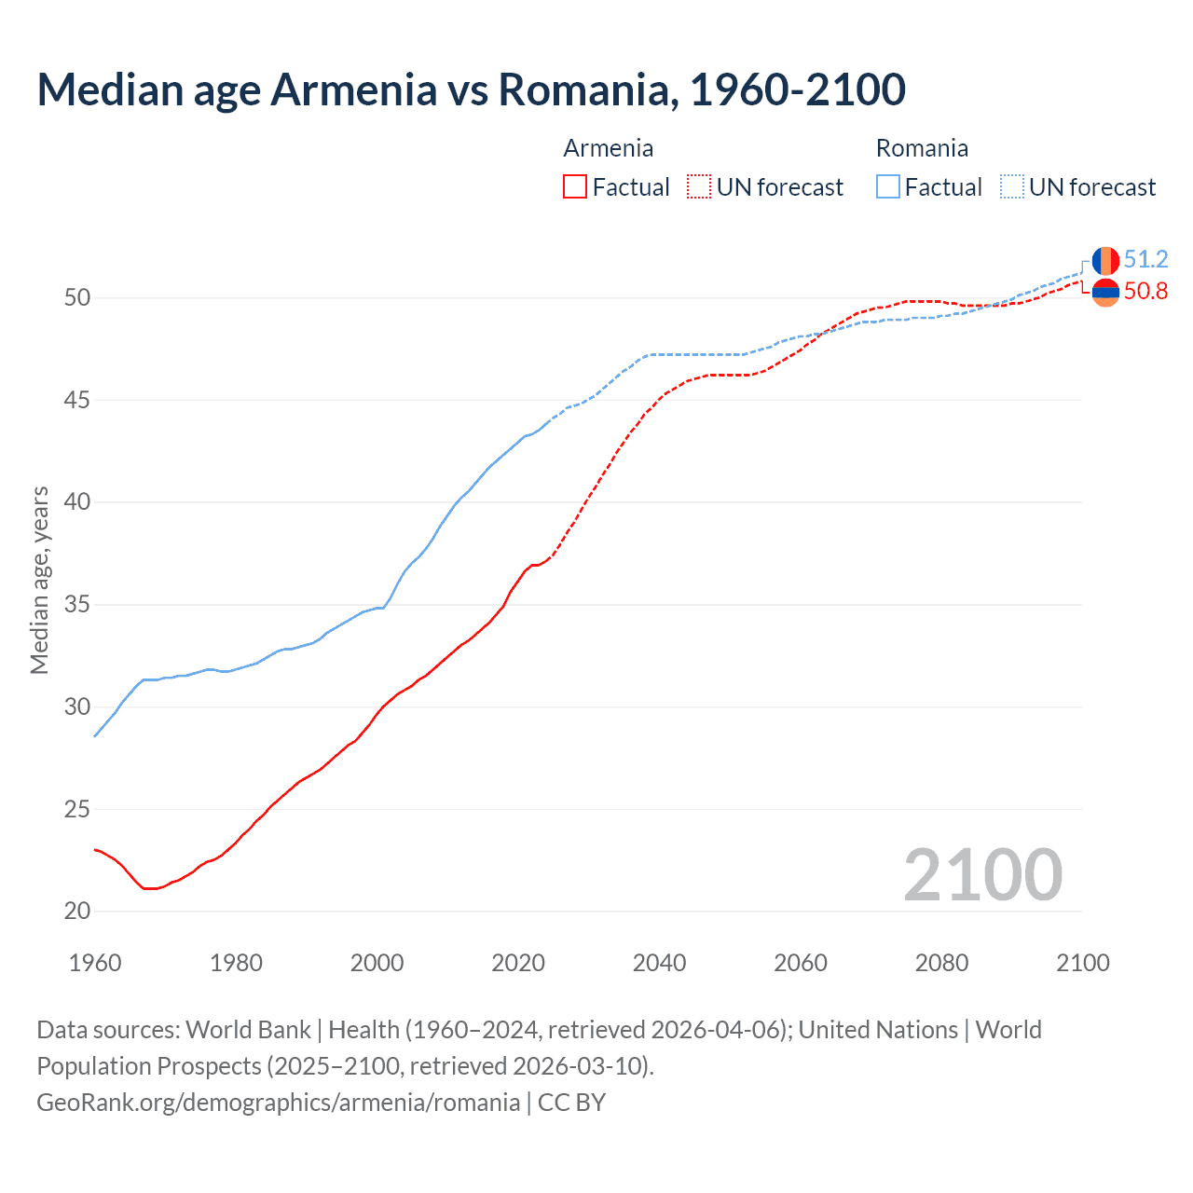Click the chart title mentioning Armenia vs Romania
point(471,89)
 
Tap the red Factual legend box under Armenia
point(575,187)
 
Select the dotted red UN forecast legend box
point(699,187)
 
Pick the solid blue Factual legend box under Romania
point(888,187)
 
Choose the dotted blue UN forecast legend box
point(1012,187)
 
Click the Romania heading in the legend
point(922,148)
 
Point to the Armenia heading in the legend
point(609,148)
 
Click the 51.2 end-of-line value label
point(1145,259)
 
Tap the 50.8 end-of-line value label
point(1145,292)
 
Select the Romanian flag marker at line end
point(1105,260)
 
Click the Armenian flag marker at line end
point(1105,292)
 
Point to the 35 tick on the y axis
point(77,605)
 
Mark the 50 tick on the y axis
point(77,298)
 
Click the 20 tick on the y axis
point(77,912)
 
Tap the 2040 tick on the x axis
point(659,963)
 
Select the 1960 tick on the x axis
point(95,963)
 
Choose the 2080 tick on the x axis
point(941,963)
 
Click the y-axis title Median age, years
point(39,580)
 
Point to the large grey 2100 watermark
point(982,875)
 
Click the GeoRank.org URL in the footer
point(278,1103)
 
